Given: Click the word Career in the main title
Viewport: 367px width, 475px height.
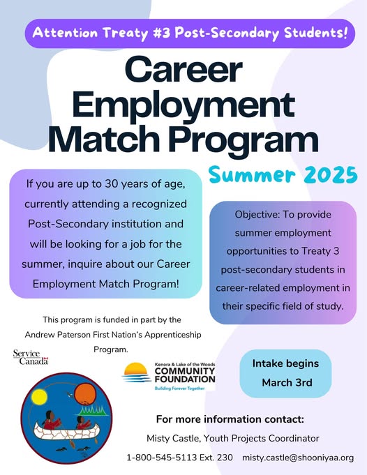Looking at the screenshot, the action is pyautogui.click(x=183, y=69).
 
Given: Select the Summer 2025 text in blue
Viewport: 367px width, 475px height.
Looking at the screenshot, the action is pyautogui.click(x=283, y=175).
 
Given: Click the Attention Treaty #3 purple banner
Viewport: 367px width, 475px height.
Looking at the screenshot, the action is pyautogui.click(x=190, y=33).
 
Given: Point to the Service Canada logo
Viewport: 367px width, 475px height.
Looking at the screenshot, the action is pyautogui.click(x=31, y=357).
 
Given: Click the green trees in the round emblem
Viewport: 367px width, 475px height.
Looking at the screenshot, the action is pyautogui.click(x=92, y=410).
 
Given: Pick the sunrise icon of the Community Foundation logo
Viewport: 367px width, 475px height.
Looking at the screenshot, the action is pyautogui.click(x=136, y=373).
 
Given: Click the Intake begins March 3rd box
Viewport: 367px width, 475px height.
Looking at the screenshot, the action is pyautogui.click(x=285, y=373).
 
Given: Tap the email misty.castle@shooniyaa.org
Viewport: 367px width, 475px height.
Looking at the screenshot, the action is pyautogui.click(x=298, y=458).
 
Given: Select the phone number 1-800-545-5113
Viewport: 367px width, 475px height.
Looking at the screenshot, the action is pyautogui.click(x=162, y=458).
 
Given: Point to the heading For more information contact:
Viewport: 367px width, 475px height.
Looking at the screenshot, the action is pyautogui.click(x=230, y=419).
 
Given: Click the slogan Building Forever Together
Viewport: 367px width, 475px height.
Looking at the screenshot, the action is pyautogui.click(x=180, y=388).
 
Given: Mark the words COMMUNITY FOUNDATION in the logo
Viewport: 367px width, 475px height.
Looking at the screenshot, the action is pyautogui.click(x=185, y=375).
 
